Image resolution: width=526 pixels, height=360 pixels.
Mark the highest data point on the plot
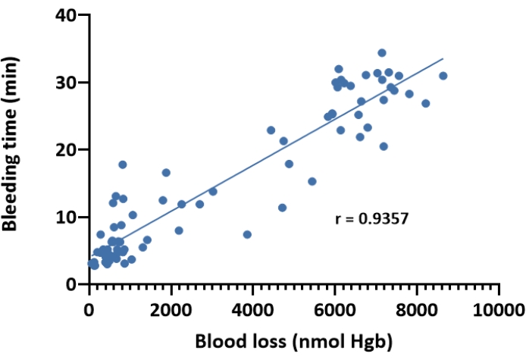pyautogui.click(x=382, y=53)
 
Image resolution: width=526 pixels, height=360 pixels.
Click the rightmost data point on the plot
pyautogui.click(x=443, y=76)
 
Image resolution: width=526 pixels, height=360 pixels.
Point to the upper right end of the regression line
pyautogui.click(x=443, y=58)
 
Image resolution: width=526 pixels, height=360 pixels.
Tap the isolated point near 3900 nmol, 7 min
pyautogui.click(x=247, y=235)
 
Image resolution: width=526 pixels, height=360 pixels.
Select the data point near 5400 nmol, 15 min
pyautogui.click(x=312, y=181)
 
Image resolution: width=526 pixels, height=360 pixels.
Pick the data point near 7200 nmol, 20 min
pyautogui.click(x=384, y=146)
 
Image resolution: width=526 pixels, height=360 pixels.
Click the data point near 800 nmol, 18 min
pyautogui.click(x=122, y=164)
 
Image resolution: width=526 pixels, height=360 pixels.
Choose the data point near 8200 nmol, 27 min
pyautogui.click(x=425, y=103)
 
